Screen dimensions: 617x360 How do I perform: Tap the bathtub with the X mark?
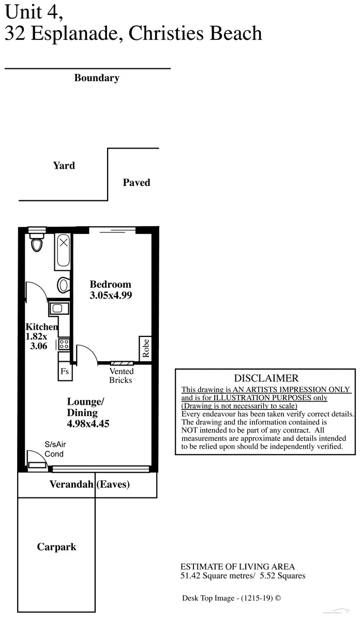(63, 252)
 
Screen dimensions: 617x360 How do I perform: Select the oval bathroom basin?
(64, 284)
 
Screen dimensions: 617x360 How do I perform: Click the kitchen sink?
(56, 309)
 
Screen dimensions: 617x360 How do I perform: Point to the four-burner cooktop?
(64, 344)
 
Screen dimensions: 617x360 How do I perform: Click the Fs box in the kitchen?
(65, 371)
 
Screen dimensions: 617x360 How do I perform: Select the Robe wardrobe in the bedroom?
(145, 347)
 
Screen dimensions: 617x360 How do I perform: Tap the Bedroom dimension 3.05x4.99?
(111, 296)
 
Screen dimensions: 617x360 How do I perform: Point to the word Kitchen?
(41, 327)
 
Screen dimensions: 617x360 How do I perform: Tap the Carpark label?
(56, 547)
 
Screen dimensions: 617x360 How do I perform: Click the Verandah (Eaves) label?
(89, 484)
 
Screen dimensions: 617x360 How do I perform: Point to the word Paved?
(137, 183)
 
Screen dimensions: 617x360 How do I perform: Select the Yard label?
(64, 166)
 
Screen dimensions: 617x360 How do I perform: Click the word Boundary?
(97, 78)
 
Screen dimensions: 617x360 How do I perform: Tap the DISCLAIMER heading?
(266, 378)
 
